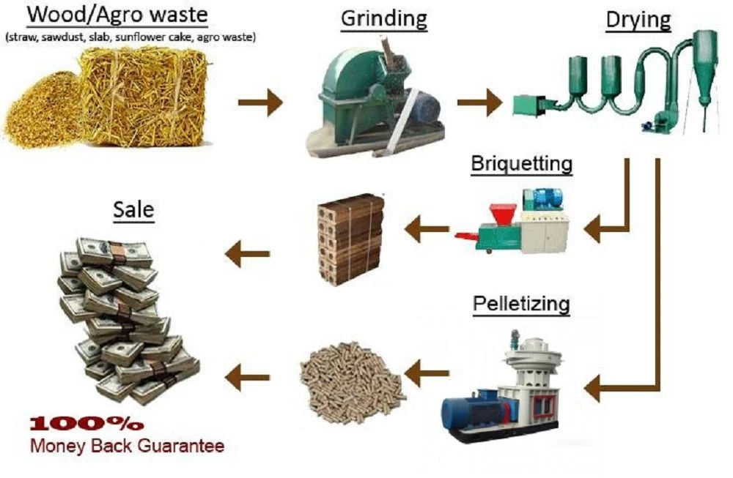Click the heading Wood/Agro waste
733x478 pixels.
pyautogui.click(x=117, y=15)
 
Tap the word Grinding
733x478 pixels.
pyautogui.click(x=384, y=19)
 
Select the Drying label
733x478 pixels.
pyautogui.click(x=638, y=20)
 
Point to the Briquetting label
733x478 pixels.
pyautogui.click(x=522, y=163)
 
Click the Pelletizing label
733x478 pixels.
pyautogui.click(x=521, y=304)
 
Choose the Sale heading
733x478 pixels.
pyautogui.click(x=133, y=209)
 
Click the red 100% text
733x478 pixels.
pyautogui.click(x=87, y=424)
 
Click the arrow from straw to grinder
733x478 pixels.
pyautogui.click(x=260, y=102)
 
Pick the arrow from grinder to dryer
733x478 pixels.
pyautogui.click(x=479, y=102)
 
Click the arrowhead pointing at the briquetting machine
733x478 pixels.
pyautogui.click(x=592, y=228)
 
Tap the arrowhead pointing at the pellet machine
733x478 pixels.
pyautogui.click(x=592, y=387)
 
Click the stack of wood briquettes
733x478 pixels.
pyautogui.click(x=350, y=238)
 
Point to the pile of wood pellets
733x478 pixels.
pyautogui.click(x=352, y=381)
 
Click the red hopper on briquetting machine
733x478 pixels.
pyautogui.click(x=502, y=214)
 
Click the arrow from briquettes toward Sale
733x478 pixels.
pyautogui.click(x=247, y=254)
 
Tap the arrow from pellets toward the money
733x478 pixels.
pyautogui.click(x=247, y=377)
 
